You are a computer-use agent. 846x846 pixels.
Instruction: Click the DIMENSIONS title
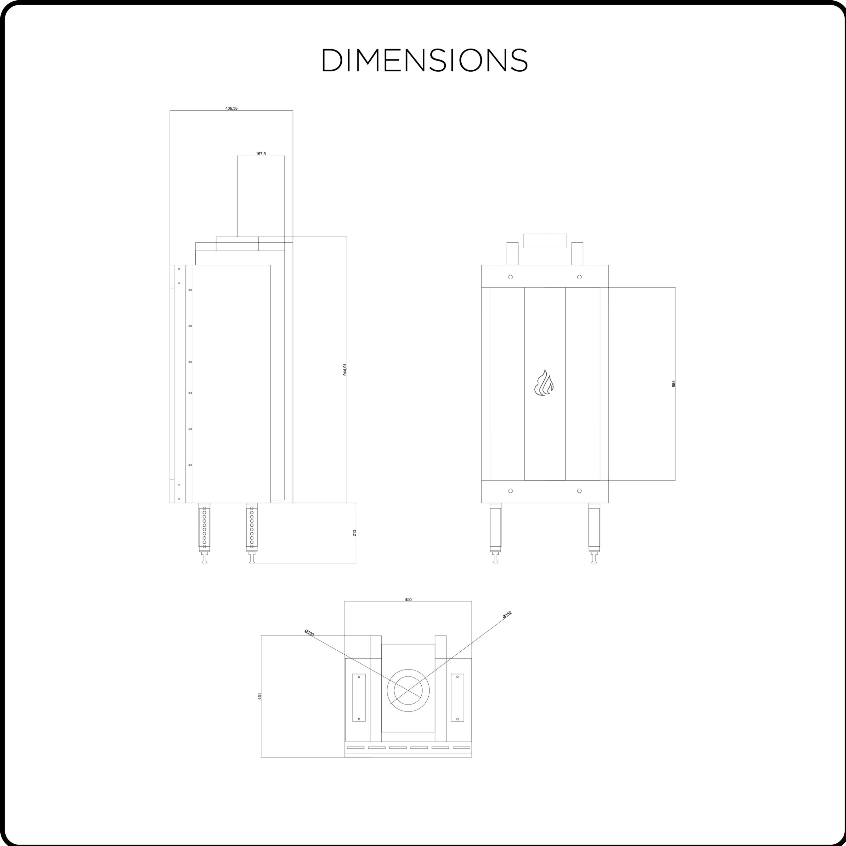point(425,60)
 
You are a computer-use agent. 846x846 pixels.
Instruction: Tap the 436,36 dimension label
point(231,108)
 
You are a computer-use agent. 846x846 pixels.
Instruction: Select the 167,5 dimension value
point(260,154)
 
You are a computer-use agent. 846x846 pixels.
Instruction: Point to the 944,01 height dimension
point(345,369)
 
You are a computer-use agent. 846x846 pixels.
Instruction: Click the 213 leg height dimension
point(354,533)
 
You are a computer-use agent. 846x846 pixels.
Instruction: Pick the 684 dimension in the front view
point(673,384)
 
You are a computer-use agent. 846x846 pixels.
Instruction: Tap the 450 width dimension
point(408,599)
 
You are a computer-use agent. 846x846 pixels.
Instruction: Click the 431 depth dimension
point(259,696)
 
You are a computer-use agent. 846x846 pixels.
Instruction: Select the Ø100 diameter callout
point(309,633)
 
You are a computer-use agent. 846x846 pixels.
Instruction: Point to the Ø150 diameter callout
point(507,615)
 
